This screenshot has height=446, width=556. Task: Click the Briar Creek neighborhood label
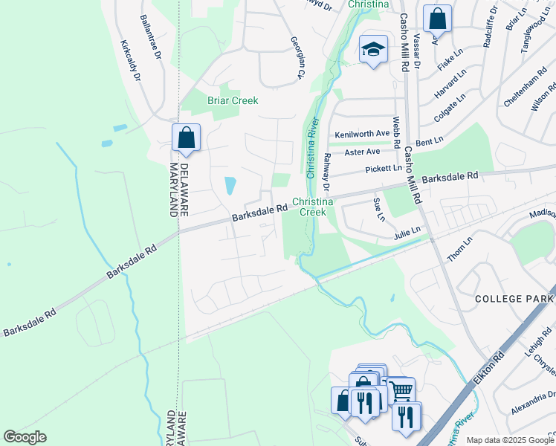tap(233, 100)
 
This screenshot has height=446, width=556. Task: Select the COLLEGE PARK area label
tap(514, 298)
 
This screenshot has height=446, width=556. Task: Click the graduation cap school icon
tap(373, 50)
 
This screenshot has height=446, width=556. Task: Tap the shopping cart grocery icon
tap(401, 389)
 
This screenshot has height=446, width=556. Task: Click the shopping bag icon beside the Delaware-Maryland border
tap(186, 138)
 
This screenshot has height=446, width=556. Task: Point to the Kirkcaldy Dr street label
tap(130, 57)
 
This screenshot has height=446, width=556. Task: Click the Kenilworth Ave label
tap(362, 134)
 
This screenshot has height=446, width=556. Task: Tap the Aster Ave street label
tap(362, 152)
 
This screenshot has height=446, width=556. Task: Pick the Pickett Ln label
tap(384, 169)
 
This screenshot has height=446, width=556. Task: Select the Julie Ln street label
tap(407, 233)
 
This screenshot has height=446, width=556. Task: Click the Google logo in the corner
tap(25, 437)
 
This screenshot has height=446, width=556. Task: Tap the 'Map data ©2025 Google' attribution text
tap(509, 440)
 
